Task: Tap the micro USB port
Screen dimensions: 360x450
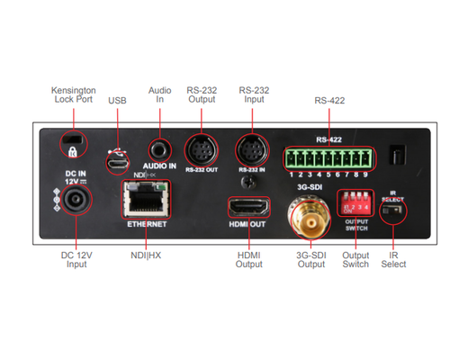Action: (115, 163)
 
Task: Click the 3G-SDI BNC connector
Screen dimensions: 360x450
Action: (299, 218)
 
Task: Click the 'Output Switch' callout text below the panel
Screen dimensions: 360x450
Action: (355, 259)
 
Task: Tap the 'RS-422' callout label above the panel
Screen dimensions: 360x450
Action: (330, 102)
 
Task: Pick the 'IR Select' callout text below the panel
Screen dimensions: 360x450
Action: (393, 259)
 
